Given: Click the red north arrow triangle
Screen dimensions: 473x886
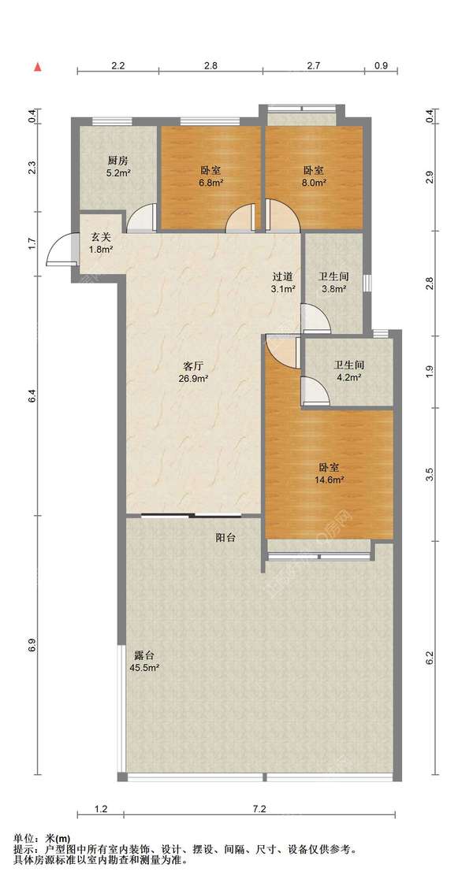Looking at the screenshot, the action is pyautogui.click(x=39, y=67).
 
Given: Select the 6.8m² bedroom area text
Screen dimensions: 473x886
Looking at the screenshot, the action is pyautogui.click(x=210, y=183).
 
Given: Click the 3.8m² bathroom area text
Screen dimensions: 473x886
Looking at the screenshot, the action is pyautogui.click(x=333, y=289).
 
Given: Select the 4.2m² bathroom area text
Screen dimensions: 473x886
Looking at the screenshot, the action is pyautogui.click(x=348, y=377).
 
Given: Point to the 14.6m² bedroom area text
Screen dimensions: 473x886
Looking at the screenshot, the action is pyautogui.click(x=330, y=480).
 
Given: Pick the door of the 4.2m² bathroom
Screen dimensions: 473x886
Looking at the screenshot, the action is pyautogui.click(x=316, y=391).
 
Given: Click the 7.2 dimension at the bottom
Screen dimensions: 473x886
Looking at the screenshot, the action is pyautogui.click(x=259, y=809).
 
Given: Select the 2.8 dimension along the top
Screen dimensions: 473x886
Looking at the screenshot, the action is pyautogui.click(x=210, y=65).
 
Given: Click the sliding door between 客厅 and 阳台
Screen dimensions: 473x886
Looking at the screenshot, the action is pyautogui.click(x=192, y=515).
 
